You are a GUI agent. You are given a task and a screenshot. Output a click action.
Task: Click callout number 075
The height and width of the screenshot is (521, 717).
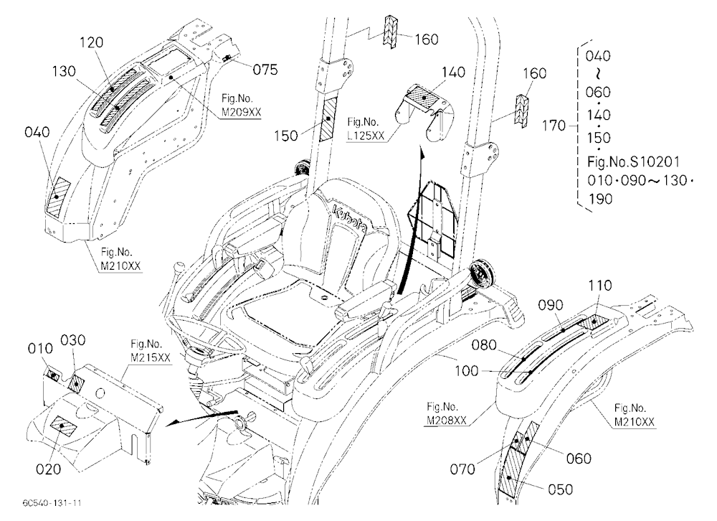pos(265,70)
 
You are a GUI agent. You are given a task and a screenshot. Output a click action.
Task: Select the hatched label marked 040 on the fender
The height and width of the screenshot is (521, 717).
pos(59,197)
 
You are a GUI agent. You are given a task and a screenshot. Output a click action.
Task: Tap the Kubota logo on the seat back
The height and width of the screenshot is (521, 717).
pos(351,220)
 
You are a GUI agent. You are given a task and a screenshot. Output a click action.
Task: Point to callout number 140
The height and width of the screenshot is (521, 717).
pos(453,72)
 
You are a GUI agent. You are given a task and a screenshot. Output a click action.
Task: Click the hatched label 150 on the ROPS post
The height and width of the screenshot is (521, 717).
pos(328,118)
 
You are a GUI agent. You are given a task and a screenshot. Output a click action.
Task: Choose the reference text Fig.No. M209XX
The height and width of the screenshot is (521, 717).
pos(241,105)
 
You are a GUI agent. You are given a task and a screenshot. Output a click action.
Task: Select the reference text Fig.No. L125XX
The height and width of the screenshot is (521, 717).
pos(366,128)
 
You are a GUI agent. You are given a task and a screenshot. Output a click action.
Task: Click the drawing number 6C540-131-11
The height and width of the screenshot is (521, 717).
pos(52,502)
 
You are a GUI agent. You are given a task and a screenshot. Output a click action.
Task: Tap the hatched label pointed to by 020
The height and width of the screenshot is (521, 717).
pos(63,426)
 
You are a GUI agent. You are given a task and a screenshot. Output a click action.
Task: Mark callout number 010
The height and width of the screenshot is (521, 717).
pos(40,348)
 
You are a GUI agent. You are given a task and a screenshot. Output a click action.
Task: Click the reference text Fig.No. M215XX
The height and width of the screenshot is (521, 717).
pos(151,351)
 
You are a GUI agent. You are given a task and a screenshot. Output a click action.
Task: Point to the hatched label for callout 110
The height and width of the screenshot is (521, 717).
pos(594,321)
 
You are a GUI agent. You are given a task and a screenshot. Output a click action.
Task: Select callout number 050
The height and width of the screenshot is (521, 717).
pos(560,489)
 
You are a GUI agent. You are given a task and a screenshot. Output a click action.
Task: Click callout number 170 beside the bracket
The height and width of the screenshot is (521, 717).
pos(554,125)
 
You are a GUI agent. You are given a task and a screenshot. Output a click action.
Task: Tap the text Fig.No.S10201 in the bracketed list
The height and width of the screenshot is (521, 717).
pos(633,161)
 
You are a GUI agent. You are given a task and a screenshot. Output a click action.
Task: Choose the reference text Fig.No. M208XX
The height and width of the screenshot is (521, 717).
pos(447,413)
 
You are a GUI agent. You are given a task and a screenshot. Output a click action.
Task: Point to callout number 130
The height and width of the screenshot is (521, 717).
pos(64,72)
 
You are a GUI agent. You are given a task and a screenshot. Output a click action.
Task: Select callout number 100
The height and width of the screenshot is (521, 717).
pos(467,371)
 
